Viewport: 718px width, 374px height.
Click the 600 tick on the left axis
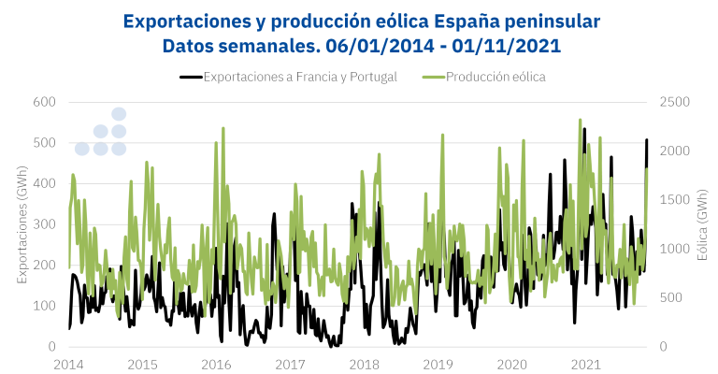pos(44,101)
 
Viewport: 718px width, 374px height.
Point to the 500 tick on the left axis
pos(44,142)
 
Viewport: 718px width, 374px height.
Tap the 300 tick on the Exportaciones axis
pos(44,224)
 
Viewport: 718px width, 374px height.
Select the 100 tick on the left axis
pos(44,306)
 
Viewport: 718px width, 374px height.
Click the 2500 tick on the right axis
pos(675,101)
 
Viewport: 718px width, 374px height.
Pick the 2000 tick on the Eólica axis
pos(675,151)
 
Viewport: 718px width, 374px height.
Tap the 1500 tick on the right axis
pos(675,199)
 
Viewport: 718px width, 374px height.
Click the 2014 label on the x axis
pos(68,364)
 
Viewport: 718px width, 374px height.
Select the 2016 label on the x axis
pos(216,364)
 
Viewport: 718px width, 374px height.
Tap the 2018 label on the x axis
pos(364,364)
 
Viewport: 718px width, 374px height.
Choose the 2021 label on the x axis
pos(585,364)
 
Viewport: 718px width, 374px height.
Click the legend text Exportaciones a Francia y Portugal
pos(300,77)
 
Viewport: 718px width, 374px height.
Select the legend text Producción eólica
pos(495,77)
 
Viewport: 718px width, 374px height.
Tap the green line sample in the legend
pos(433,77)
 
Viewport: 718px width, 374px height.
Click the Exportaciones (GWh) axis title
pos(22,223)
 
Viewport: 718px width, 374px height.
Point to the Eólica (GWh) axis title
pos(702,223)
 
